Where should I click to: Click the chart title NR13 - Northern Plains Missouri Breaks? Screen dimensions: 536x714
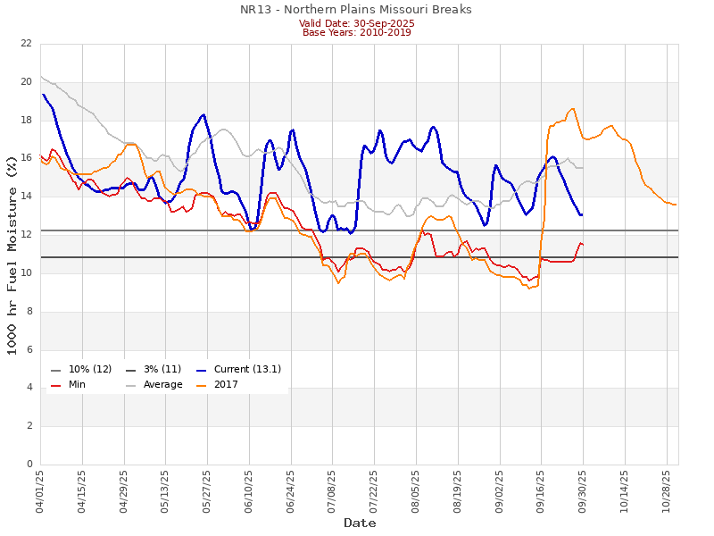coord(356,10)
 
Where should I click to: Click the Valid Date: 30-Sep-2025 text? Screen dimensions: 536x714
coord(356,23)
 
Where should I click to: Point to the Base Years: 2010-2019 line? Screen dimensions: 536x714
coord(356,32)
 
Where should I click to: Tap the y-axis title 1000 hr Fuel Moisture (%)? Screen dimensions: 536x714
coord(12,254)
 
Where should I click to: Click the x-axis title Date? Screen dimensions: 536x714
coord(360,523)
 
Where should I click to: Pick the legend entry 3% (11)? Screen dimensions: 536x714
coord(162,369)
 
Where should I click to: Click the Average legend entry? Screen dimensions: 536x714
coord(162,385)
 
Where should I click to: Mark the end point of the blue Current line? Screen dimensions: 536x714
coord(582,214)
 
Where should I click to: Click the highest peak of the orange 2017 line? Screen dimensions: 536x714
coord(572,109)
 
